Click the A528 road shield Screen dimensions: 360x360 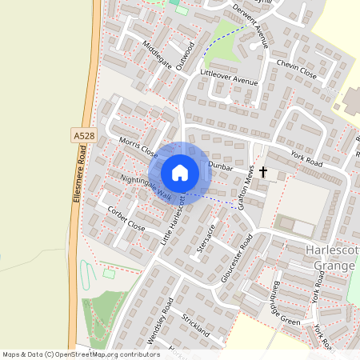pyautogui.click(x=83, y=137)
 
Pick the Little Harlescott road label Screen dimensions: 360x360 pyautogui.click(x=177, y=221)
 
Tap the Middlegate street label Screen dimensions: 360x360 pyautogui.click(x=157, y=54)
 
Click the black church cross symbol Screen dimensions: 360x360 pyautogui.click(x=262, y=171)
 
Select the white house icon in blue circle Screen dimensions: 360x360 pyautogui.click(x=179, y=173)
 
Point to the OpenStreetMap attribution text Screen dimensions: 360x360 pyautogui.click(x=81, y=354)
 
